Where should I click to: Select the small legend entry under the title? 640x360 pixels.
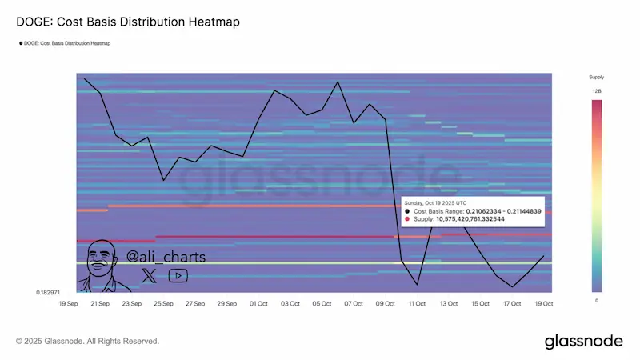[x=65, y=42]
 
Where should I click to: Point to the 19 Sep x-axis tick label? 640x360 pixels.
[x=69, y=304]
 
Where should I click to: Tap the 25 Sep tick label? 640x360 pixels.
[x=163, y=304]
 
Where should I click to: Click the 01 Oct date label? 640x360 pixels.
[x=258, y=304]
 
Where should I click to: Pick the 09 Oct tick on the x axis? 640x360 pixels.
[x=385, y=304]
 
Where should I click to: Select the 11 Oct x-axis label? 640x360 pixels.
[x=417, y=304]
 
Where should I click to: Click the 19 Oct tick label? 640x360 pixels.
[x=543, y=304]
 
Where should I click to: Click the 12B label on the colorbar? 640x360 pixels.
[x=597, y=92]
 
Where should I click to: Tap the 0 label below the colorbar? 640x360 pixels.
[x=597, y=300]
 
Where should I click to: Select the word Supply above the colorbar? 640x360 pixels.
[x=597, y=78]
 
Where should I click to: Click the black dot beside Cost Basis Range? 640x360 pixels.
[x=409, y=211]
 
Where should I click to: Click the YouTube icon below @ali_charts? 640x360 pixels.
[x=178, y=276]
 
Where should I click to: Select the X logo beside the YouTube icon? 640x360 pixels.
[x=150, y=276]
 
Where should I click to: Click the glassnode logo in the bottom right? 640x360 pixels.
[x=583, y=341]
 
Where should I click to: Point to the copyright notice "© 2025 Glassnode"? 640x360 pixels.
[x=87, y=342]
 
